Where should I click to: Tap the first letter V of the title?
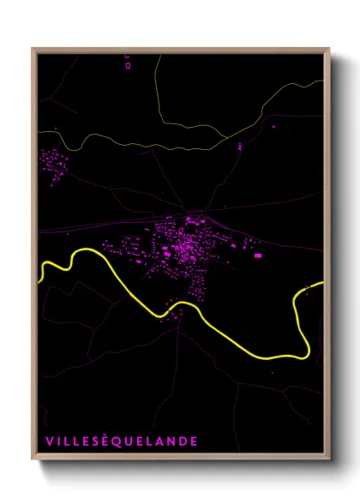(x=49, y=441)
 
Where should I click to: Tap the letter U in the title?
(x=127, y=441)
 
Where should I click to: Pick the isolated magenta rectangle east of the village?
(x=257, y=255)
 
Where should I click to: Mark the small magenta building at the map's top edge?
(x=128, y=64)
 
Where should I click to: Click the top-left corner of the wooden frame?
(x=33, y=48)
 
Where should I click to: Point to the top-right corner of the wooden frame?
(x=330, y=48)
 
